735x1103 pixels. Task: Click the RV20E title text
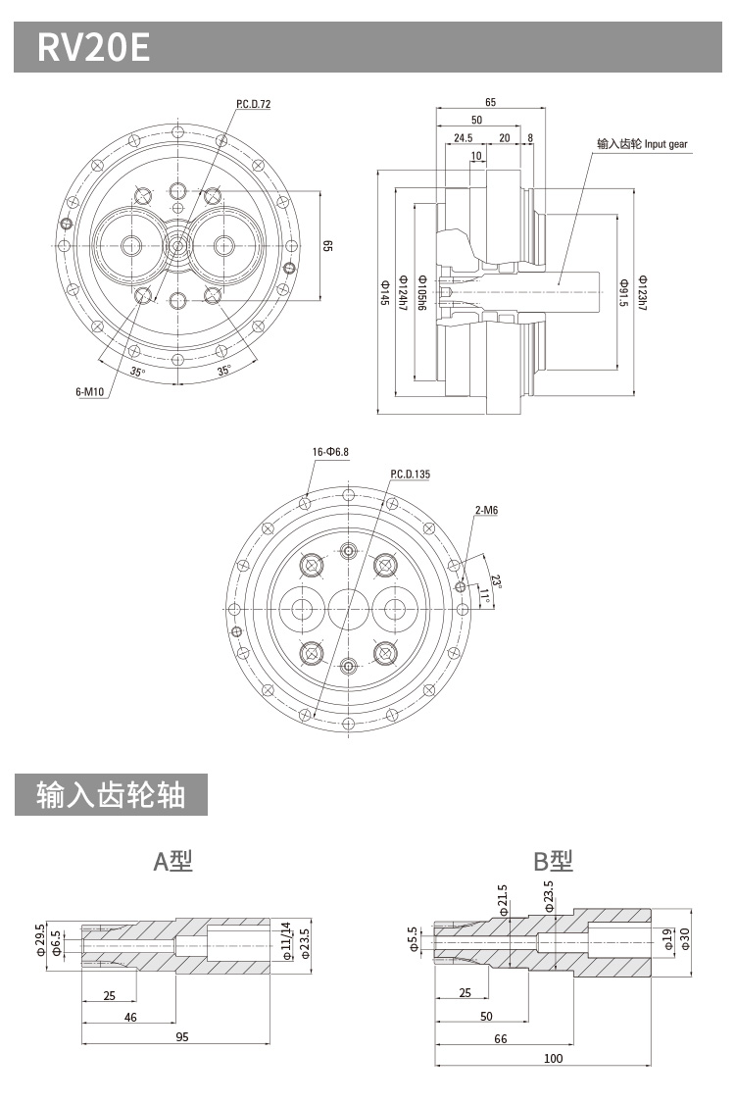point(94,46)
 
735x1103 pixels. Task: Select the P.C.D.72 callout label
point(253,104)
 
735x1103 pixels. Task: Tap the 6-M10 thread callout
point(89,392)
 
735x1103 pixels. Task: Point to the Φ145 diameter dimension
point(383,290)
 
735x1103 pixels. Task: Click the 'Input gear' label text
point(643,144)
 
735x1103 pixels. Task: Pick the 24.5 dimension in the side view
point(464,138)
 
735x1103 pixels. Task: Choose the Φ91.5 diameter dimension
point(623,290)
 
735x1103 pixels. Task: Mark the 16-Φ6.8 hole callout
point(330,452)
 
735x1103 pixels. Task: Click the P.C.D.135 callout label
point(410,475)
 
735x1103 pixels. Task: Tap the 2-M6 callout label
point(486,511)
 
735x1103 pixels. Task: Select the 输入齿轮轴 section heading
point(111,794)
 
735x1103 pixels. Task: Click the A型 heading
point(173,861)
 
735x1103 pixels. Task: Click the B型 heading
point(553,861)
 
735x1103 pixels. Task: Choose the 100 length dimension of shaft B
point(554,1058)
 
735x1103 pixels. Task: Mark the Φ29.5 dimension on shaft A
point(40,938)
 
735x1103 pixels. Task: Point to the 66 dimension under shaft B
point(501,1038)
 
